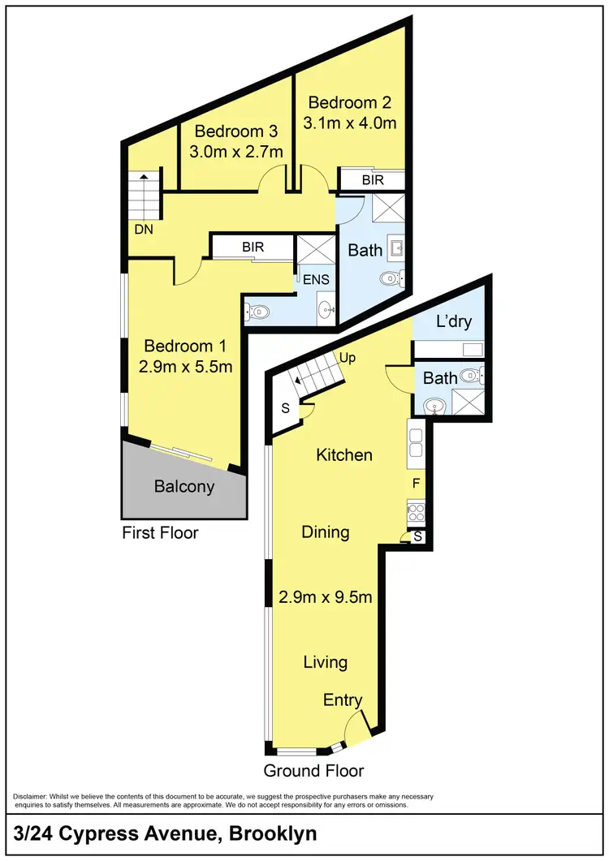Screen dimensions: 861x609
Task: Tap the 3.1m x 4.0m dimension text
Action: tap(350, 123)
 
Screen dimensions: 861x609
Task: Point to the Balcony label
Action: tap(184, 487)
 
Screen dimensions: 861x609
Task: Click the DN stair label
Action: tap(144, 230)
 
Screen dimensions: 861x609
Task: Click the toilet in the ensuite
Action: tap(257, 310)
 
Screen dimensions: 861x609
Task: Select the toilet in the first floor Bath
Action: tap(390, 280)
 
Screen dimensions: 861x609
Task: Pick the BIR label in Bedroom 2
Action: tap(373, 179)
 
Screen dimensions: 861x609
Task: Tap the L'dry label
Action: tap(454, 321)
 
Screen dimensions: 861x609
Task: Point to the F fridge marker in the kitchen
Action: tap(416, 484)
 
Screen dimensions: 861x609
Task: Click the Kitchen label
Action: tap(344, 454)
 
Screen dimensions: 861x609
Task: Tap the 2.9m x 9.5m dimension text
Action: tap(326, 597)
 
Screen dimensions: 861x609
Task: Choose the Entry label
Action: tap(343, 700)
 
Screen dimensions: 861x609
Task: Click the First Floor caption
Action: tap(160, 533)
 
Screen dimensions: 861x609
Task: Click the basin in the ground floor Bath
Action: tap(435, 404)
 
